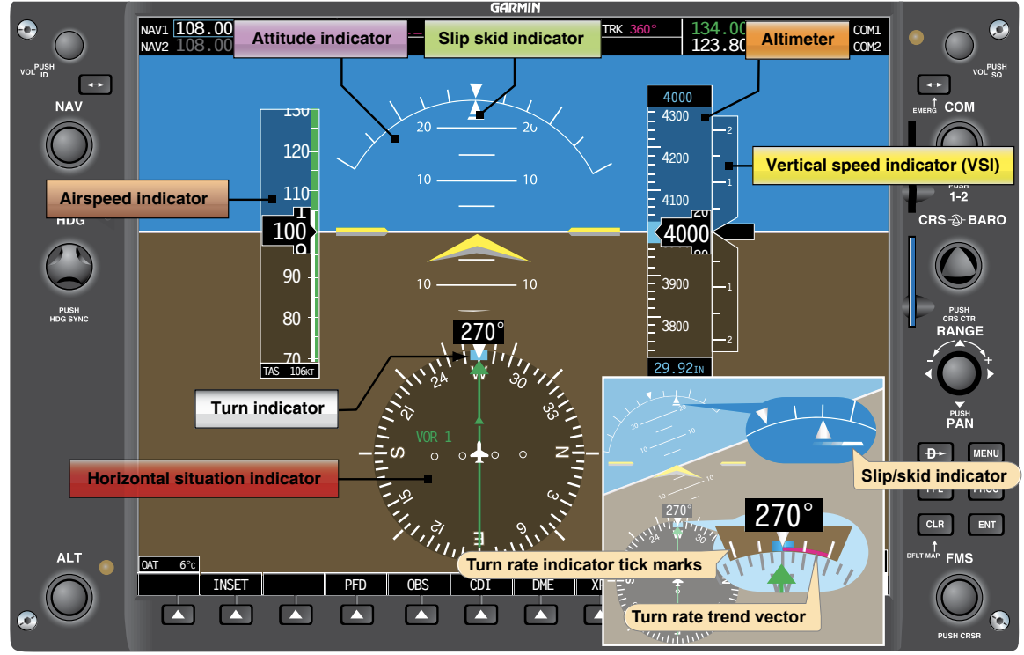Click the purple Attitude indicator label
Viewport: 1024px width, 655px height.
(321, 39)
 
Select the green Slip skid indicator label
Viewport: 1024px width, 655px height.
(512, 39)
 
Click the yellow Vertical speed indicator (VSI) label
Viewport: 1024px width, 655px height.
(882, 165)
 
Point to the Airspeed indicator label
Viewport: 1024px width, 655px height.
(134, 199)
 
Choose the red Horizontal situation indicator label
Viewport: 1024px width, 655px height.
(203, 479)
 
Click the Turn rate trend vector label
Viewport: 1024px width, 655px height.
(719, 616)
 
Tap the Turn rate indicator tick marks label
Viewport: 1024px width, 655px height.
(584, 564)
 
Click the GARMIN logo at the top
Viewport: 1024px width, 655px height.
(516, 8)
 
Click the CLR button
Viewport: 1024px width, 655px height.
(934, 525)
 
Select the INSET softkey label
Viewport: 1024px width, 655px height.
(230, 585)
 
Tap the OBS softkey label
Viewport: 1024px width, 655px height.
(419, 585)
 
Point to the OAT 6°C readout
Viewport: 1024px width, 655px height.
(169, 564)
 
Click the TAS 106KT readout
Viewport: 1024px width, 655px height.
(289, 372)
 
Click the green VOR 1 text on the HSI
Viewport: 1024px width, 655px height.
(434, 437)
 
